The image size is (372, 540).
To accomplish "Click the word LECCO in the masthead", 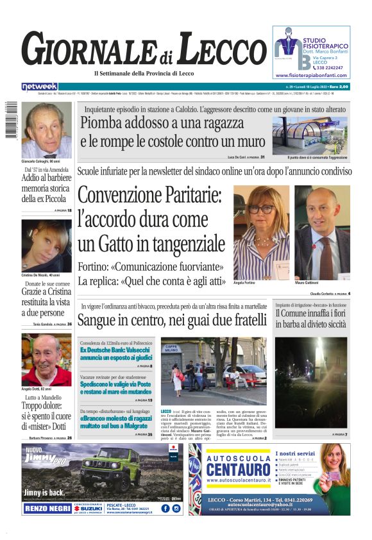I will tap(219, 51).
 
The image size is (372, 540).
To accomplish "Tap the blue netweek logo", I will tap(40, 87).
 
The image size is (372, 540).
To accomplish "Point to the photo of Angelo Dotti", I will tap(46, 359).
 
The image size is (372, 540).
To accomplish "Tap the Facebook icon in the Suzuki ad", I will tap(164, 509).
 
